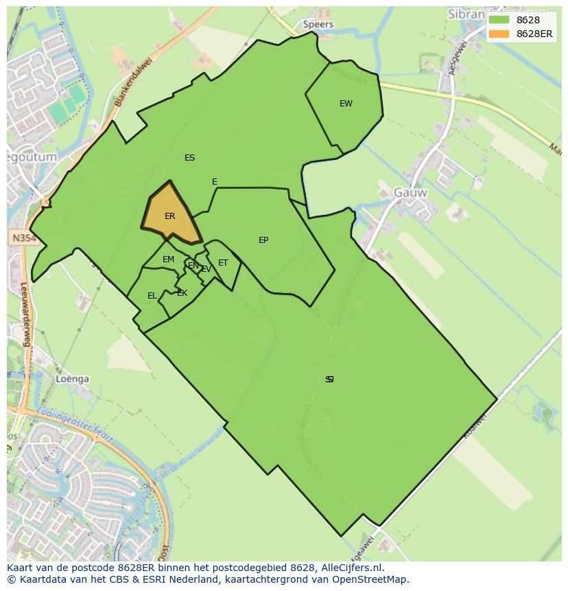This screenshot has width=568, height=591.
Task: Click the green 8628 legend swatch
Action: pos(499,20)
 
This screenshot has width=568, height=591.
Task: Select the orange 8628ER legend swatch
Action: pos(499,34)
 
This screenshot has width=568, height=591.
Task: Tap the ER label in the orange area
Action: pos(170,216)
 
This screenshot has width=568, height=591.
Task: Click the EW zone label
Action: pos(346,104)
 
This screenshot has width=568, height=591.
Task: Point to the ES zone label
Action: pos(190,158)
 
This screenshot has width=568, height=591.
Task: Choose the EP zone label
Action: pos(263,240)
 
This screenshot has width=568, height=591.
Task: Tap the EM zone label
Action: pos(168,259)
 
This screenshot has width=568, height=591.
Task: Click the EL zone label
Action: pos(152,296)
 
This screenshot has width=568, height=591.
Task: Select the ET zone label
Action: pos(223,263)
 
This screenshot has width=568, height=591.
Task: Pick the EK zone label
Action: pos(182,293)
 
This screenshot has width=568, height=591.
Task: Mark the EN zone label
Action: pos(193,266)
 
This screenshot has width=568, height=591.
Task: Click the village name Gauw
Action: pos(410,193)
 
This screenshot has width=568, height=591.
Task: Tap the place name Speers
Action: pos(318,24)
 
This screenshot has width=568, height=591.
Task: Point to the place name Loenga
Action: pos(73,379)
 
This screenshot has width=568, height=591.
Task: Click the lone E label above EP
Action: pos(215,182)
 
